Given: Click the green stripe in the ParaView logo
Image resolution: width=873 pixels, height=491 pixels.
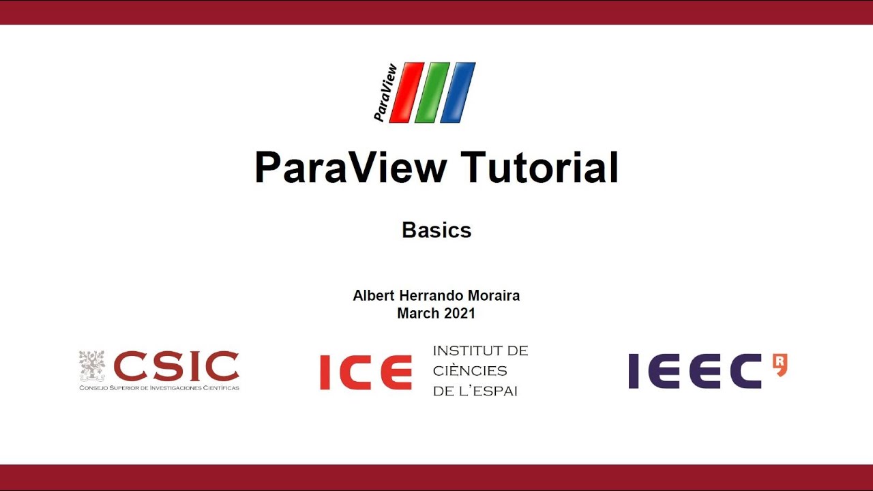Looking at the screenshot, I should click(x=432, y=93).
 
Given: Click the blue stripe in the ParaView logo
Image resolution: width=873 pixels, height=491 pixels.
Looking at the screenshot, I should click(x=458, y=93).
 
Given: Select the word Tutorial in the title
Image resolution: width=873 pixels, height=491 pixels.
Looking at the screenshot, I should click(x=539, y=168).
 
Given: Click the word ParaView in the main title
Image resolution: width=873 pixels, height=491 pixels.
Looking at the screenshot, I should click(x=351, y=168).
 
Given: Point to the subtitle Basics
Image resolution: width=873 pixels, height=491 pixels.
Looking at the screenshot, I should click(x=436, y=230).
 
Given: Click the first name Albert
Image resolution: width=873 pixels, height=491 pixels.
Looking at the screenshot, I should click(x=372, y=296).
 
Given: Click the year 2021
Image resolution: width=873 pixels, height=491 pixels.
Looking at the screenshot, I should click(x=459, y=314).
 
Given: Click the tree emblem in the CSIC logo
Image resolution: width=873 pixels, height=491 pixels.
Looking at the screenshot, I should click(x=92, y=366).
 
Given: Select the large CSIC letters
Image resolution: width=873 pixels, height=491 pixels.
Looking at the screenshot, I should click(x=176, y=367).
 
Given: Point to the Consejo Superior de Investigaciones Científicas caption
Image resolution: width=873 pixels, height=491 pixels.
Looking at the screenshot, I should click(x=159, y=388).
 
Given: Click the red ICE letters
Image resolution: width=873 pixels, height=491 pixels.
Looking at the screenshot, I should click(x=366, y=372).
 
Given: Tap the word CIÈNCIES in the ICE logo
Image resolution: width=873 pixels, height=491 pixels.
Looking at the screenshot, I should click(x=470, y=371).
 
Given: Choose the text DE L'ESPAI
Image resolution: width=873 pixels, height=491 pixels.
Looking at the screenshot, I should click(x=475, y=391).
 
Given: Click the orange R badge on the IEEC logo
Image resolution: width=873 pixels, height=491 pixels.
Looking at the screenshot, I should click(x=780, y=365).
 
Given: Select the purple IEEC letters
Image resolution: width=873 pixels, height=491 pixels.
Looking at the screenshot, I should click(x=694, y=372).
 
